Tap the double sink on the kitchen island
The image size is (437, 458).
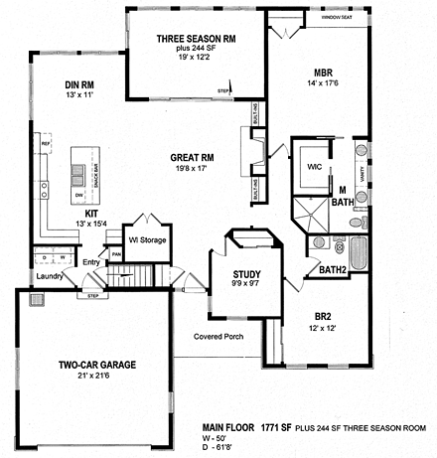[x=75, y=177]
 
